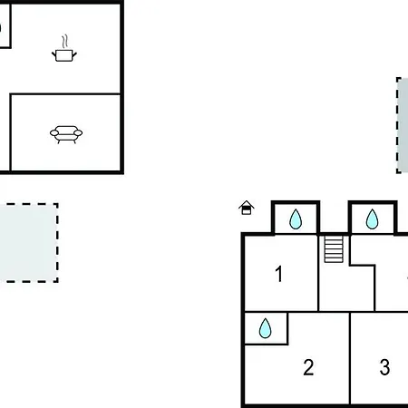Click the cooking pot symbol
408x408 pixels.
(x=64, y=55)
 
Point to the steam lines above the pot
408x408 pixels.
(x=64, y=42)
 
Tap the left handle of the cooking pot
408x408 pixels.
(x=53, y=55)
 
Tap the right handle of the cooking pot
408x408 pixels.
(x=74, y=55)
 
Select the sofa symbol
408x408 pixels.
(x=66, y=134)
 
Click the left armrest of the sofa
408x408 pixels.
(x=54, y=132)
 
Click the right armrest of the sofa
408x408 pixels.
(x=78, y=132)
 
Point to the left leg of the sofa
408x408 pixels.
(x=59, y=141)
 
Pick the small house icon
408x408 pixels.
(x=247, y=208)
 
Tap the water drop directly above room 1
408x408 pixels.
(x=296, y=219)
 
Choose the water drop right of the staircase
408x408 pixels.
(x=372, y=219)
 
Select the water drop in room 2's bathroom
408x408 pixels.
(x=265, y=328)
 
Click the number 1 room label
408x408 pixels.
(x=279, y=274)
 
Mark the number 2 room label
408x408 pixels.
(x=308, y=367)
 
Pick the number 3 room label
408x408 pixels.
(x=384, y=367)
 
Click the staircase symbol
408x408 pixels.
(x=334, y=249)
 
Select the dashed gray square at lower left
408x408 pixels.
(x=29, y=243)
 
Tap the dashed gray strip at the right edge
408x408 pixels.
(x=403, y=125)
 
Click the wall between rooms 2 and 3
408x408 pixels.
(x=350, y=358)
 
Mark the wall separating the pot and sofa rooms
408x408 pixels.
(x=65, y=94)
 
